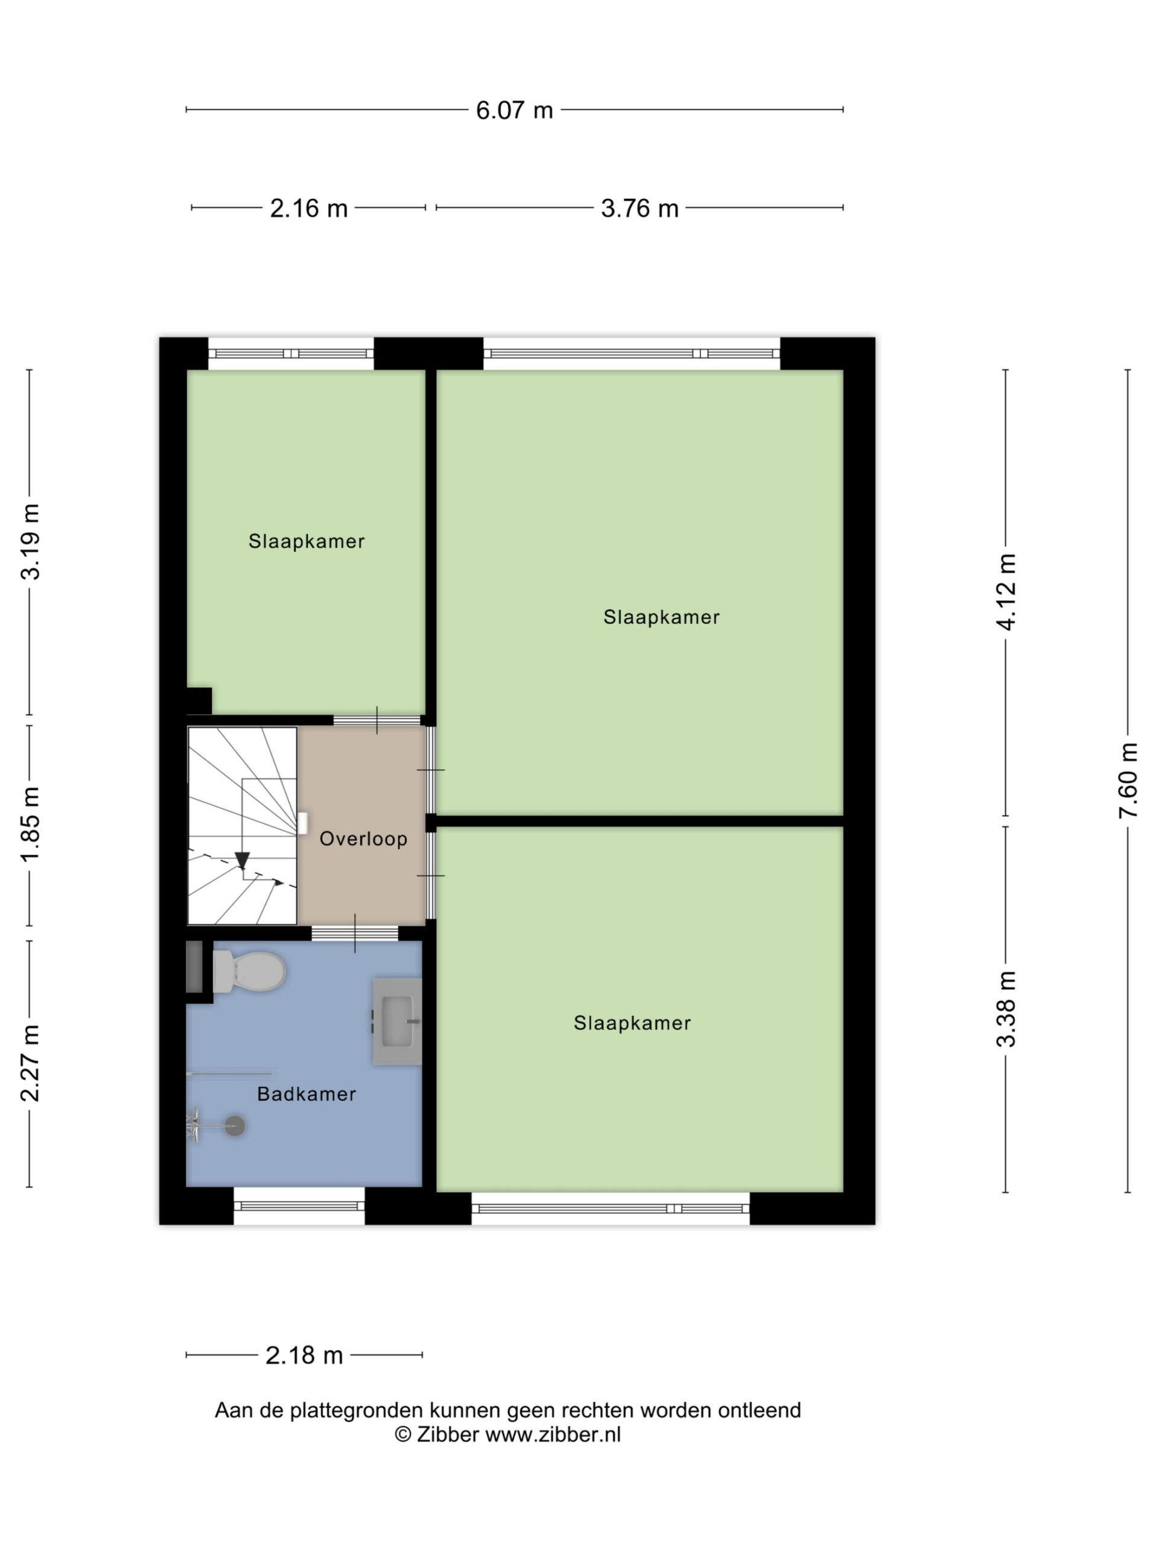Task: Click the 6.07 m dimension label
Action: tap(514, 110)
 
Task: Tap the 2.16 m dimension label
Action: tap(309, 208)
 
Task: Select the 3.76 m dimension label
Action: tap(639, 208)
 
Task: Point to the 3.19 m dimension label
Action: tap(31, 541)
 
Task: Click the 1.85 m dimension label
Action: tap(31, 825)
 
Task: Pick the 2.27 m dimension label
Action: tap(31, 1063)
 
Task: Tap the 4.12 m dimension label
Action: tap(1006, 592)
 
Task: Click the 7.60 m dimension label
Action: tap(1129, 780)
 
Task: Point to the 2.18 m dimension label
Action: tap(304, 1355)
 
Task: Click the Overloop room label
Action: tap(363, 838)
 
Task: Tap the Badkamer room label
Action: tap(306, 1094)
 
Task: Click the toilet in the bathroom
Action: tap(248, 971)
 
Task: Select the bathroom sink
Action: tap(397, 1021)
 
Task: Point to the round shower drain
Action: tap(235, 1125)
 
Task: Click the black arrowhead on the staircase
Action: tap(242, 861)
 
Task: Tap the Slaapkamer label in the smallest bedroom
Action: tap(306, 541)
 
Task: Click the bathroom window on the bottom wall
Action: tap(299, 1207)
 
